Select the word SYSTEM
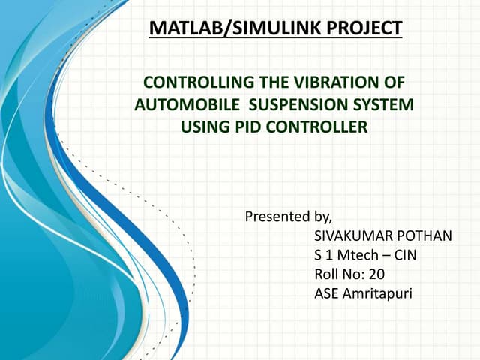click(385, 104)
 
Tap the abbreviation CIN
click(405, 255)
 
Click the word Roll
click(327, 274)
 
